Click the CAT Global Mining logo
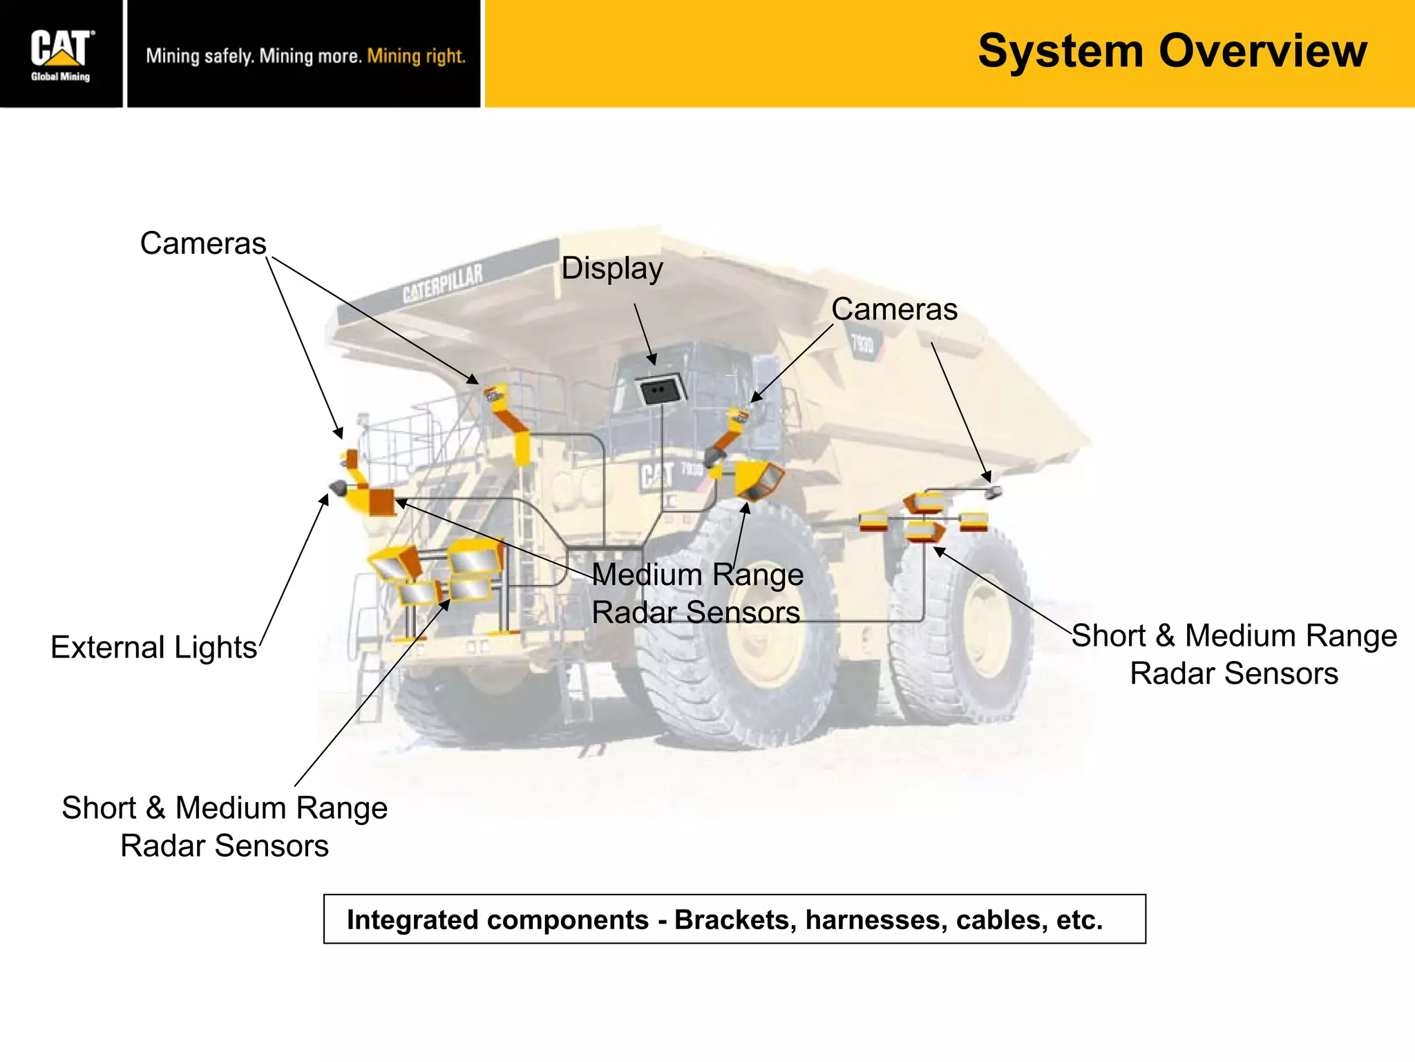61,54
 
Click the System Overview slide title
1172,51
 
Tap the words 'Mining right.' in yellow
416,56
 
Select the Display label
612,268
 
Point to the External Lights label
153,648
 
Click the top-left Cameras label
203,243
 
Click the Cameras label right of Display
894,309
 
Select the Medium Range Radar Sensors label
697,593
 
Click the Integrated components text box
734,919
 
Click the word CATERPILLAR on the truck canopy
443,283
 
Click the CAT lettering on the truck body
656,476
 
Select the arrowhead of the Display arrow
652,360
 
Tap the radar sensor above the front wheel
758,479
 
